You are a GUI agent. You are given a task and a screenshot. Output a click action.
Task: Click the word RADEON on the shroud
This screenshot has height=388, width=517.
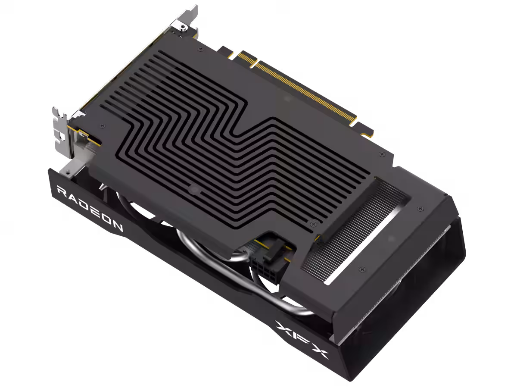coord(90,208)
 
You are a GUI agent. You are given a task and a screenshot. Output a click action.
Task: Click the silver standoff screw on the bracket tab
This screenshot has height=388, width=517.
coord(182,28)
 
